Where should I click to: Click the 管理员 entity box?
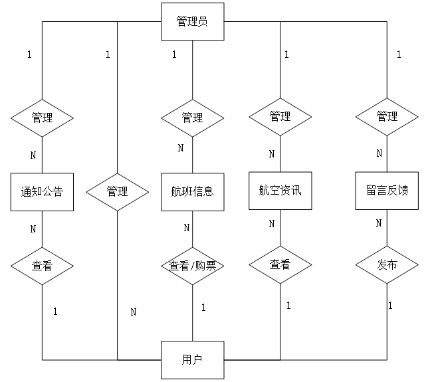pyautogui.click(x=193, y=21)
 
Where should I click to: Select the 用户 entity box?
pyautogui.click(x=193, y=359)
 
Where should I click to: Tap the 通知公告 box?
pyautogui.click(x=42, y=192)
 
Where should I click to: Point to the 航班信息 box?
pyautogui.click(x=193, y=192)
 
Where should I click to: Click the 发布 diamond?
pyautogui.click(x=387, y=265)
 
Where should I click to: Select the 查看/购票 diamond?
pyautogui.click(x=193, y=266)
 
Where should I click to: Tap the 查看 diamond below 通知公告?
pyautogui.click(x=42, y=266)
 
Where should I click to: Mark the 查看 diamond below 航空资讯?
pyautogui.click(x=280, y=265)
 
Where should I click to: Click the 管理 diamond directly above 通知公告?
pyautogui.click(x=42, y=118)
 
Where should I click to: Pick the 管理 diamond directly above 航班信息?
pyautogui.click(x=193, y=118)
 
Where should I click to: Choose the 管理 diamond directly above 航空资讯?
pyautogui.click(x=280, y=117)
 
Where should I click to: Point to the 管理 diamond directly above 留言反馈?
pyautogui.click(x=387, y=117)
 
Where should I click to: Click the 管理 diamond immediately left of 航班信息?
pyautogui.click(x=117, y=192)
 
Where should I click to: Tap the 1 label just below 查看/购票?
pyautogui.click(x=203, y=308)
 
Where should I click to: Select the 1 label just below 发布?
pyautogui.click(x=390, y=306)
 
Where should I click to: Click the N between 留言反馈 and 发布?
pyautogui.click(x=379, y=223)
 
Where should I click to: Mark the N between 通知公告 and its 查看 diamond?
pyautogui.click(x=33, y=229)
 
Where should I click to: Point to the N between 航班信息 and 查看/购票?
pyautogui.click(x=187, y=228)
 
